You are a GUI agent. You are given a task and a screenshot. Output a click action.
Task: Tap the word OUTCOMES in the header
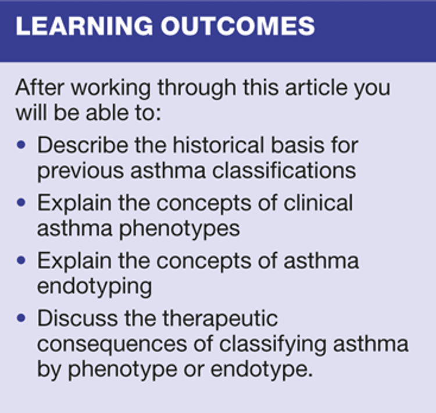(238, 26)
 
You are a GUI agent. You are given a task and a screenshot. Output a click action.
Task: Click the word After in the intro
(40, 87)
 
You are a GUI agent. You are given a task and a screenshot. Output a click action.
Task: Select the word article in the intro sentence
(316, 87)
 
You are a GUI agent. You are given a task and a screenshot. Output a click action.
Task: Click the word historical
(218, 145)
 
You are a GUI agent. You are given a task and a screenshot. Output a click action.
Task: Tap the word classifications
(284, 170)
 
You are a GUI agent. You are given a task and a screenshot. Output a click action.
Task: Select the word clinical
(318, 203)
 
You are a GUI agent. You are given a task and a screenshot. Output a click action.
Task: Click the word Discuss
(77, 318)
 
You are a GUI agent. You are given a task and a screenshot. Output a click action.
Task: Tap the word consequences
(112, 344)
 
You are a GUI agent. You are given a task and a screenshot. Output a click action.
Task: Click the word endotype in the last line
(262, 370)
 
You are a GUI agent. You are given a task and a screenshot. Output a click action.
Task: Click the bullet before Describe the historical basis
(21, 145)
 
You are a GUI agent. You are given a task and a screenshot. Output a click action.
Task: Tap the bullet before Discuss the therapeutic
(21, 318)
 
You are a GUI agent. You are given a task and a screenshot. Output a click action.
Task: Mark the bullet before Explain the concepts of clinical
(21, 203)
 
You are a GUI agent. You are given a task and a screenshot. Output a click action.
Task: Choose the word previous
(81, 171)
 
